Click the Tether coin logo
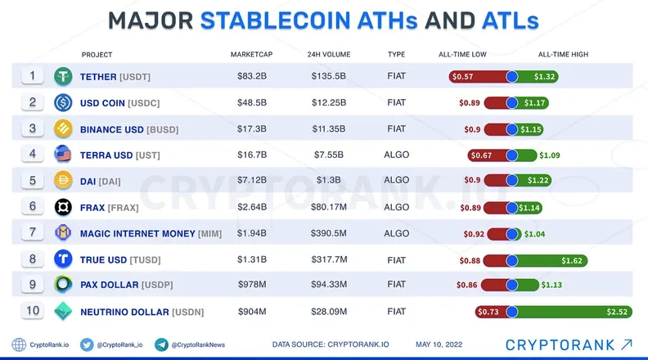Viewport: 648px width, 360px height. [63, 76]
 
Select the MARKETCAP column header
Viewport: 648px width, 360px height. [252, 55]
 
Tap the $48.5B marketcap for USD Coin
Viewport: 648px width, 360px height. [252, 102]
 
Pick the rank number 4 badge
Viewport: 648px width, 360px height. [32, 154]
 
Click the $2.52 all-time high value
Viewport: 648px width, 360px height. [617, 312]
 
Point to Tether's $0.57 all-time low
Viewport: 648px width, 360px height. [462, 76]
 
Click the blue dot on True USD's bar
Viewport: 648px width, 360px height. [511, 260]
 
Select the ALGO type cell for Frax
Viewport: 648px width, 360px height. [396, 207]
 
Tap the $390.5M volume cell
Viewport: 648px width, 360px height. [329, 233]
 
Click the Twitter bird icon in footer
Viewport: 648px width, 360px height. [87, 344]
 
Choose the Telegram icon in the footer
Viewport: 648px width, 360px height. [161, 344]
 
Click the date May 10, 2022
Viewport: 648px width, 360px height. [439, 344]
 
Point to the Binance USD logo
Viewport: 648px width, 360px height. [63, 129]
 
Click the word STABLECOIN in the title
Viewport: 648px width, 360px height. [275, 20]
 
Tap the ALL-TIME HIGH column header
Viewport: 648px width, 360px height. [563, 55]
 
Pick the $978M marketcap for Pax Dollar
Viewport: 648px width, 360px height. [252, 285]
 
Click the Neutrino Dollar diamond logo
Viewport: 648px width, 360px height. [63, 311]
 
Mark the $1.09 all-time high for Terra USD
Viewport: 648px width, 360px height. [550, 155]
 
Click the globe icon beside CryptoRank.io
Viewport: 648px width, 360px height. [19, 344]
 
